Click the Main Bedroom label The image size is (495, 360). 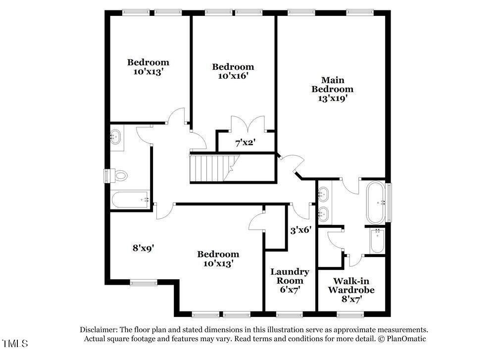click(333, 85)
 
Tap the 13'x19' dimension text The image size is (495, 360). click(333, 99)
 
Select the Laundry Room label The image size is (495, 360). click(290, 276)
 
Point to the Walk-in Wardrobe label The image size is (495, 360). click(351, 285)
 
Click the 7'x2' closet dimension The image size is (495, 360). click(246, 143)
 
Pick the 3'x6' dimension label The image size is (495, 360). click(301, 230)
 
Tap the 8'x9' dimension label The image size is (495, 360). click(143, 248)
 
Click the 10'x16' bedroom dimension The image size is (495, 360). click(233, 76)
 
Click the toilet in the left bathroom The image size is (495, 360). click(120, 175)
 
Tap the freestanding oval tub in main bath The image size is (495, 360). click(376, 203)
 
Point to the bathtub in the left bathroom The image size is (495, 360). click(130, 200)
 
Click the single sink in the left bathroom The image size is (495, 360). click(116, 137)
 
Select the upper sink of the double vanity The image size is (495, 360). click(323, 194)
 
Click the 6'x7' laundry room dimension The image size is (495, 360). click(290, 289)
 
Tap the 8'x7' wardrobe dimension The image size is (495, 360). click(351, 299)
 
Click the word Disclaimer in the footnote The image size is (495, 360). click(98, 330)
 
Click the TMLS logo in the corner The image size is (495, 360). click(15, 344)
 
